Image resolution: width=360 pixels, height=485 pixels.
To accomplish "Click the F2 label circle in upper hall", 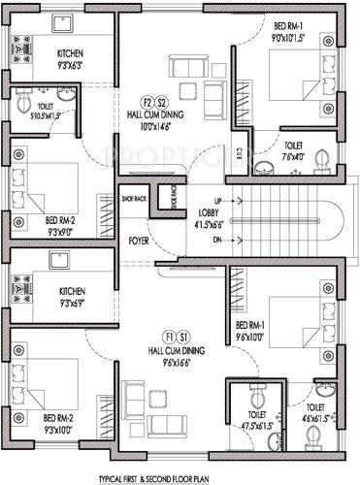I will [148, 101].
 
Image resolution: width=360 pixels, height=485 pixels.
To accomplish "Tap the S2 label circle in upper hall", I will [163, 101].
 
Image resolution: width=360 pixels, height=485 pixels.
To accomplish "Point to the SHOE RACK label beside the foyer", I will [134, 199].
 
